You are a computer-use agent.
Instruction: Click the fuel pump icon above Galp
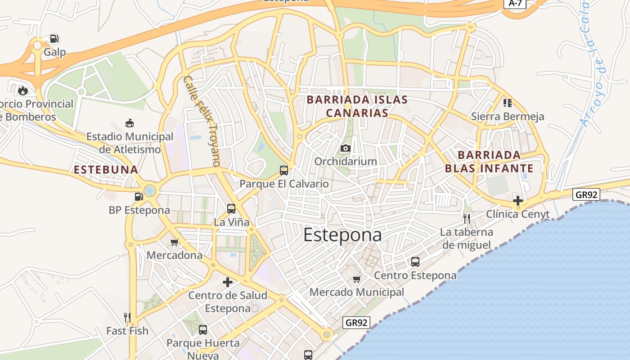coord(54,39)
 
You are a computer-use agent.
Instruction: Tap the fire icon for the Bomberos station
coord(22,90)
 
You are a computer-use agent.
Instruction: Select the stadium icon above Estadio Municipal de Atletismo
coord(130,123)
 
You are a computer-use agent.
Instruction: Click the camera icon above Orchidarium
coord(346,148)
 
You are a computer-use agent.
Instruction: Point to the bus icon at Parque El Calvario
coord(284,170)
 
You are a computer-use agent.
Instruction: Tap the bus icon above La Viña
coord(231,208)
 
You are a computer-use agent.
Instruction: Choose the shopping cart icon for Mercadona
coord(175,242)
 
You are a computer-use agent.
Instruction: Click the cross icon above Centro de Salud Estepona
coord(228,282)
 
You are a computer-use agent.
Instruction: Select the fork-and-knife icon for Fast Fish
coord(127,317)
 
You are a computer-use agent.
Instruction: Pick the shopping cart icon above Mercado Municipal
coord(357,279)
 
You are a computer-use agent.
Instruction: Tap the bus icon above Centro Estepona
coord(415,261)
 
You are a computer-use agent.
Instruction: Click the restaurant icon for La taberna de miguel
coord(467,219)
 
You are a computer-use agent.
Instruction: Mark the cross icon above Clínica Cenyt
coord(518,200)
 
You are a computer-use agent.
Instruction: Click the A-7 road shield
coord(514,3)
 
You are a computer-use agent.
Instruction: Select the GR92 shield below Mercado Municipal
coord(357,322)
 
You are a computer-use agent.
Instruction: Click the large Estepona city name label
coord(342,235)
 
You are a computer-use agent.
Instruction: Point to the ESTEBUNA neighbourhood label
coord(106,170)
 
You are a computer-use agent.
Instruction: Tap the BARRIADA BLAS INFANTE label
coord(489,162)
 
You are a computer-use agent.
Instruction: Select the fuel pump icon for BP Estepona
coord(139,196)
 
